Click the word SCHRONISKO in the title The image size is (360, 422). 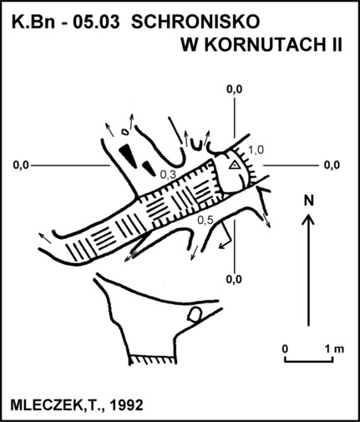(195, 22)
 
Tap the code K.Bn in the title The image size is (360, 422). (33, 23)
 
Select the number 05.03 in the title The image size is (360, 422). (96, 23)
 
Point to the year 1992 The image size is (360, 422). (127, 405)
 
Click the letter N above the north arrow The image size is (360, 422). (308, 201)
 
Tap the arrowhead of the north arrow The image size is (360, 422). (308, 218)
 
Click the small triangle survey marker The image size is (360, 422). (235, 165)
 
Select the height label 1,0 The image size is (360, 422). (256, 150)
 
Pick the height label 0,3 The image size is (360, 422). (168, 175)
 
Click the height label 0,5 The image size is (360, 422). (205, 220)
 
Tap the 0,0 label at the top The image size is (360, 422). (235, 89)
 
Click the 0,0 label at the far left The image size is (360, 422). (21, 165)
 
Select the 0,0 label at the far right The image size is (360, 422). (332, 165)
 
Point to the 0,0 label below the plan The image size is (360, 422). (234, 279)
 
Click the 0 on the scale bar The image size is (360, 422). (285, 348)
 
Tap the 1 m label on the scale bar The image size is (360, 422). (335, 348)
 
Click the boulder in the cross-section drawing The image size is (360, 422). (195, 315)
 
